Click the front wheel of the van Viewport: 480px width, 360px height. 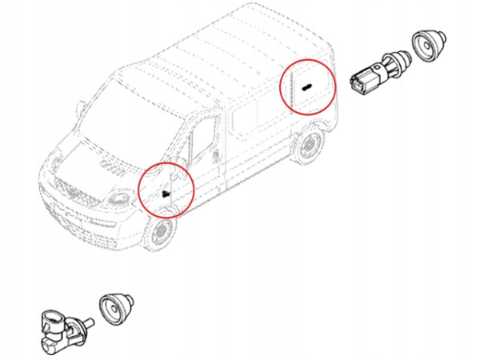(x=159, y=233)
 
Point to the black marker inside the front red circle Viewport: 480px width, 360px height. (x=165, y=193)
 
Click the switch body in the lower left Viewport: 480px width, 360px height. (x=61, y=328)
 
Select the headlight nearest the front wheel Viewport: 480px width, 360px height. (x=118, y=197)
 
